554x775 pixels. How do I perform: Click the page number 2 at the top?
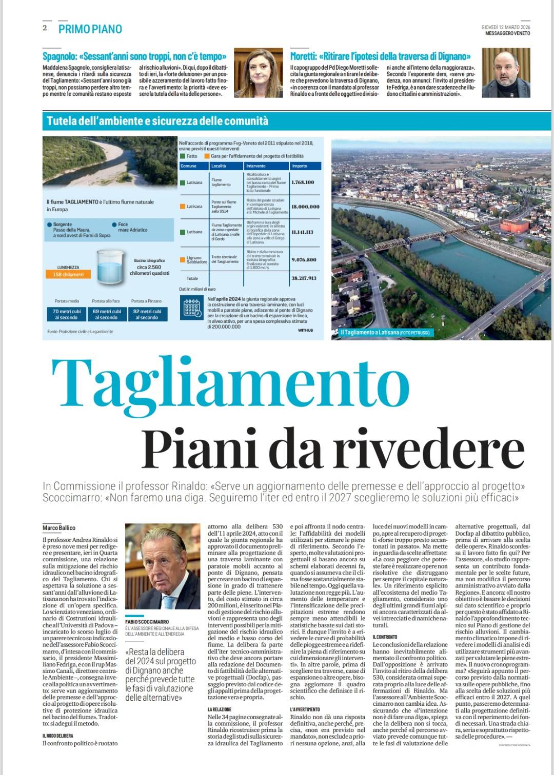(45, 28)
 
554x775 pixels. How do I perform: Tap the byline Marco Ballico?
(59, 527)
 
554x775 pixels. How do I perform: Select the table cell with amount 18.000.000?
(305, 207)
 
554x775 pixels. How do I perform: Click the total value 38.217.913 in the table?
(304, 278)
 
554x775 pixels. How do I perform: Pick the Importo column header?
(300, 166)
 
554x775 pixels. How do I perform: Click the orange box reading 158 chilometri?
(68, 274)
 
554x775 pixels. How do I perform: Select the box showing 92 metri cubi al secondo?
(147, 314)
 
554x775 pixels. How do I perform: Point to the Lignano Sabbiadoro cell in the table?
(193, 260)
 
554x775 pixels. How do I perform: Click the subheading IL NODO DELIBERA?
(58, 736)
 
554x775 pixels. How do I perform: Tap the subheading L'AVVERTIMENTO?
(305, 709)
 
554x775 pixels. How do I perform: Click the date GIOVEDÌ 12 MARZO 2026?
(505, 27)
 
